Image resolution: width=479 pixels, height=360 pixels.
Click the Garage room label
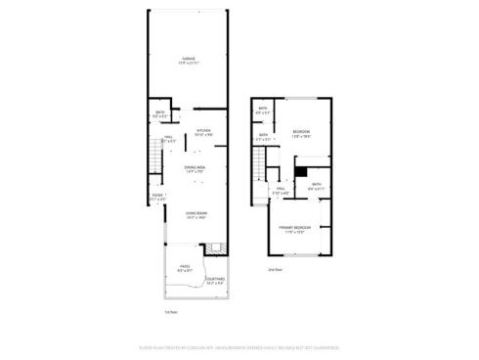tap(189, 60)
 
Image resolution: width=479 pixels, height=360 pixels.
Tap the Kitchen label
tap(203, 132)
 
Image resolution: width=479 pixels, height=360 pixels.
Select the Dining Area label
tap(195, 169)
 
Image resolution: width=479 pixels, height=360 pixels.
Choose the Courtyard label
tap(216, 281)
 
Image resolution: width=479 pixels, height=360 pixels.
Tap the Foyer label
tap(156, 197)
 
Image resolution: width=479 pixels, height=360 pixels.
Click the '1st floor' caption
tap(171, 312)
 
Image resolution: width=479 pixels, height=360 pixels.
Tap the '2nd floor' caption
tap(277, 268)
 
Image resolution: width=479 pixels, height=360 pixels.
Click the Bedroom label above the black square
tap(301, 134)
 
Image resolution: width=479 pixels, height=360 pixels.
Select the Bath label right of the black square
tap(316, 186)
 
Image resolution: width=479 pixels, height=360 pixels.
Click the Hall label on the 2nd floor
tap(281, 191)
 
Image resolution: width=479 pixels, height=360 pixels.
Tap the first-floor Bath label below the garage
tap(158, 114)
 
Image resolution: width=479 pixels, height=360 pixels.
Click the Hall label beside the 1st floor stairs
tap(168, 139)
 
